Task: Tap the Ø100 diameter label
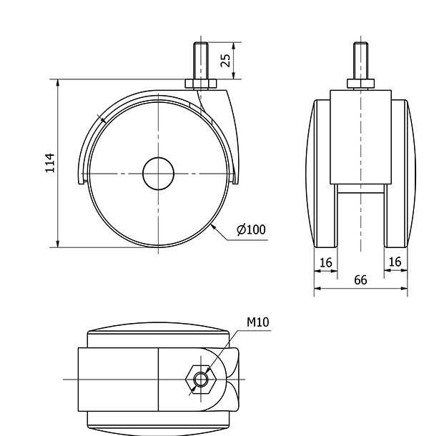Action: tap(251, 229)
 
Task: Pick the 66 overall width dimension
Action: tap(360, 279)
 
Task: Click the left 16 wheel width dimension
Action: tap(326, 262)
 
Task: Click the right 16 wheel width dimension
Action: tap(395, 262)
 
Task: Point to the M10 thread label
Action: tap(257, 322)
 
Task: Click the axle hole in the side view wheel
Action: tap(158, 174)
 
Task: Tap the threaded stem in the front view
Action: tap(360, 61)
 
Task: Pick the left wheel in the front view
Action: tap(322, 173)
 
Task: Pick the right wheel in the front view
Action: tap(398, 173)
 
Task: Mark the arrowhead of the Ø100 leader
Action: tap(214, 227)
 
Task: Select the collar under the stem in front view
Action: tap(360, 84)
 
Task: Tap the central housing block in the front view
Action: tap(360, 136)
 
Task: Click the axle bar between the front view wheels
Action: tap(360, 188)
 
